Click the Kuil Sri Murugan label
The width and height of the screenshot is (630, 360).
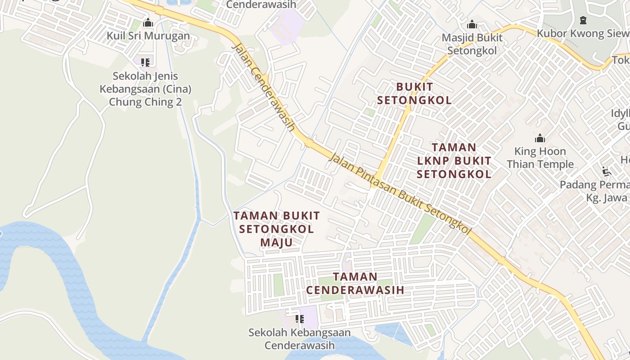point(148,36)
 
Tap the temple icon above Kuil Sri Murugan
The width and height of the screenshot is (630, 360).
point(148,22)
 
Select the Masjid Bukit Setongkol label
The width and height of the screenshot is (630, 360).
point(472,44)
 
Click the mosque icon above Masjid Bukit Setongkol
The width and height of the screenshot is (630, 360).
point(472,24)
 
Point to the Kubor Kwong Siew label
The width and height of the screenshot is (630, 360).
point(583,33)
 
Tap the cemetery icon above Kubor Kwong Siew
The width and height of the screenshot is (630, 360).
point(583,20)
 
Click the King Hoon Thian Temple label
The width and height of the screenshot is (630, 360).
point(540,157)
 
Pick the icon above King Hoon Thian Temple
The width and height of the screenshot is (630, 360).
point(540,138)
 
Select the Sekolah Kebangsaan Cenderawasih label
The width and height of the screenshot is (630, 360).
point(300,339)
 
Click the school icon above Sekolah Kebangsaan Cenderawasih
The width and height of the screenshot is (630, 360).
point(299,319)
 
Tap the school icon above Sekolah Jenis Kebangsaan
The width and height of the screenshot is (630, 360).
point(145,62)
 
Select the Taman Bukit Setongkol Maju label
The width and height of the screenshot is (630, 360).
point(276,229)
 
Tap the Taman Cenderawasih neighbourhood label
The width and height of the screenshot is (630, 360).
point(355,283)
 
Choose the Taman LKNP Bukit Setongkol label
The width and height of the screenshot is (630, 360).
point(454,161)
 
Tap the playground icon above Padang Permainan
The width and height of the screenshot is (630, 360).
point(607,171)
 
